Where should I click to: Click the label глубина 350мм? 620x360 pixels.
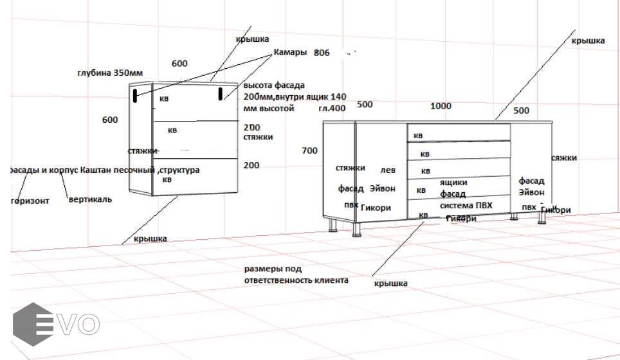point(111,73)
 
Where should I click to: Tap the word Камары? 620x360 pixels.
point(290,52)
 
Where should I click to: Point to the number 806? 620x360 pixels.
point(322,53)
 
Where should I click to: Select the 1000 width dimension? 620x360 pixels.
point(441,106)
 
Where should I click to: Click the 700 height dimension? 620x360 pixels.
point(309,150)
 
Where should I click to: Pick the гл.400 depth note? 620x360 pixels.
point(332,108)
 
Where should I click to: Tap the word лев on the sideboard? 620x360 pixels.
point(388,170)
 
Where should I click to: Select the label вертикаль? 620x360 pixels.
point(90,199)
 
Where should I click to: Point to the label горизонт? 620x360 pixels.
point(30,200)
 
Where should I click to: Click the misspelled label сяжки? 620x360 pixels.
point(564,157)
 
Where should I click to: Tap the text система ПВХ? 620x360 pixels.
point(466,205)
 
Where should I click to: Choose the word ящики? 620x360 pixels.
point(453,183)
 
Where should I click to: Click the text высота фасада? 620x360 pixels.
point(274,85)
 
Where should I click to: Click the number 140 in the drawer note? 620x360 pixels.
point(338,96)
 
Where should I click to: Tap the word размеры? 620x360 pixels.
point(264,269)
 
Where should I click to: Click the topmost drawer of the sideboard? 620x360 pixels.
point(459,133)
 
